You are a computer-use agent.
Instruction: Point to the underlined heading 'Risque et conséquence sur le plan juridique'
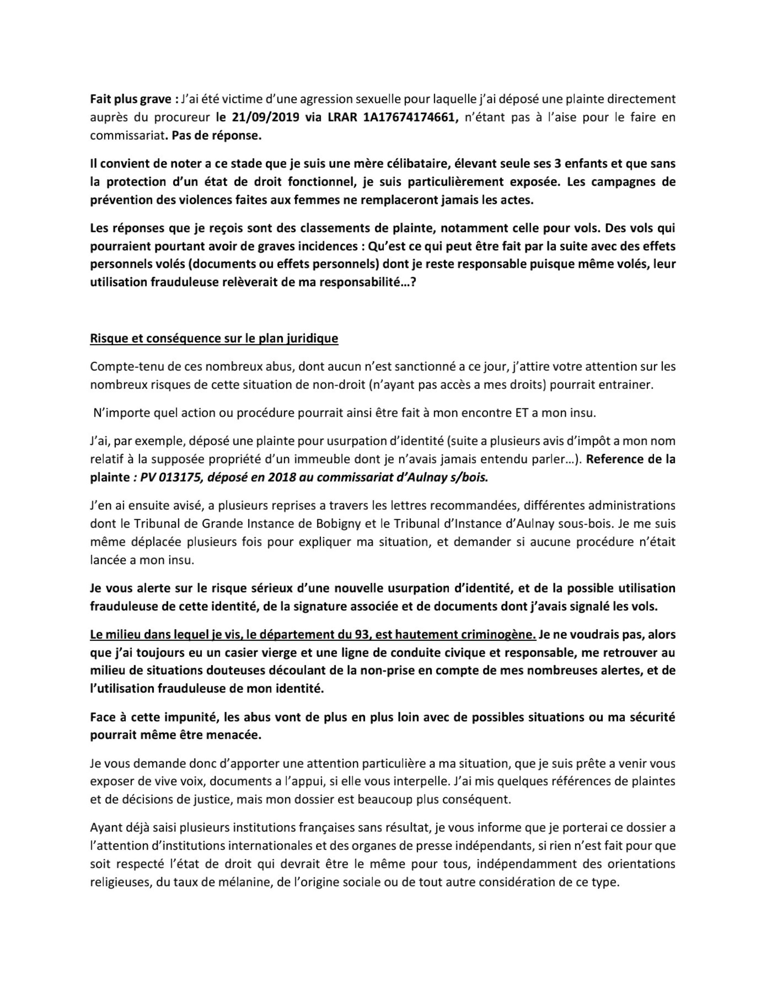pyautogui.click(x=214, y=338)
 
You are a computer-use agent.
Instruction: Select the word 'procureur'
pyautogui.click(x=186, y=118)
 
